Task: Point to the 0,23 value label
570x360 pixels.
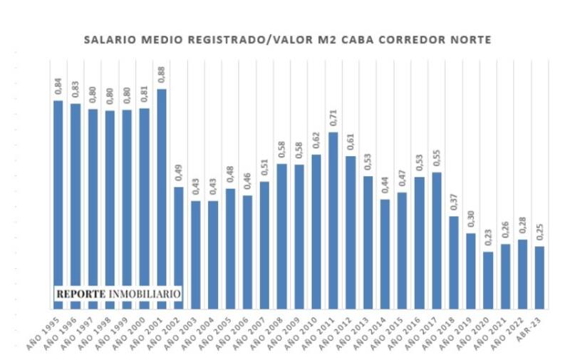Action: (488, 239)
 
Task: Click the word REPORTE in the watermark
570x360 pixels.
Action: (81, 293)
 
